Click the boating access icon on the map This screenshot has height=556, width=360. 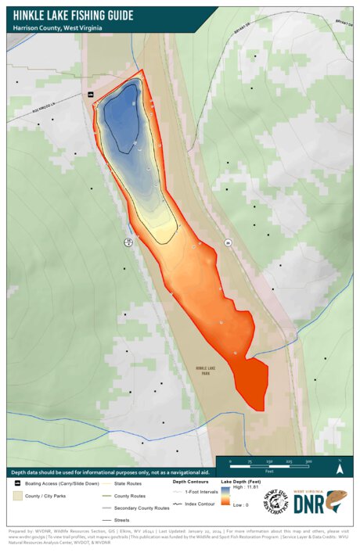92,95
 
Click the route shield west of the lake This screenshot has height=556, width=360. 128,242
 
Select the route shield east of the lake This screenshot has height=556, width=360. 229,242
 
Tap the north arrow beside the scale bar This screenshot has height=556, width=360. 340,469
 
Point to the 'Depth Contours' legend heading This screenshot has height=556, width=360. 190,482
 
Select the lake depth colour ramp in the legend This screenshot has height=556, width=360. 227,497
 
